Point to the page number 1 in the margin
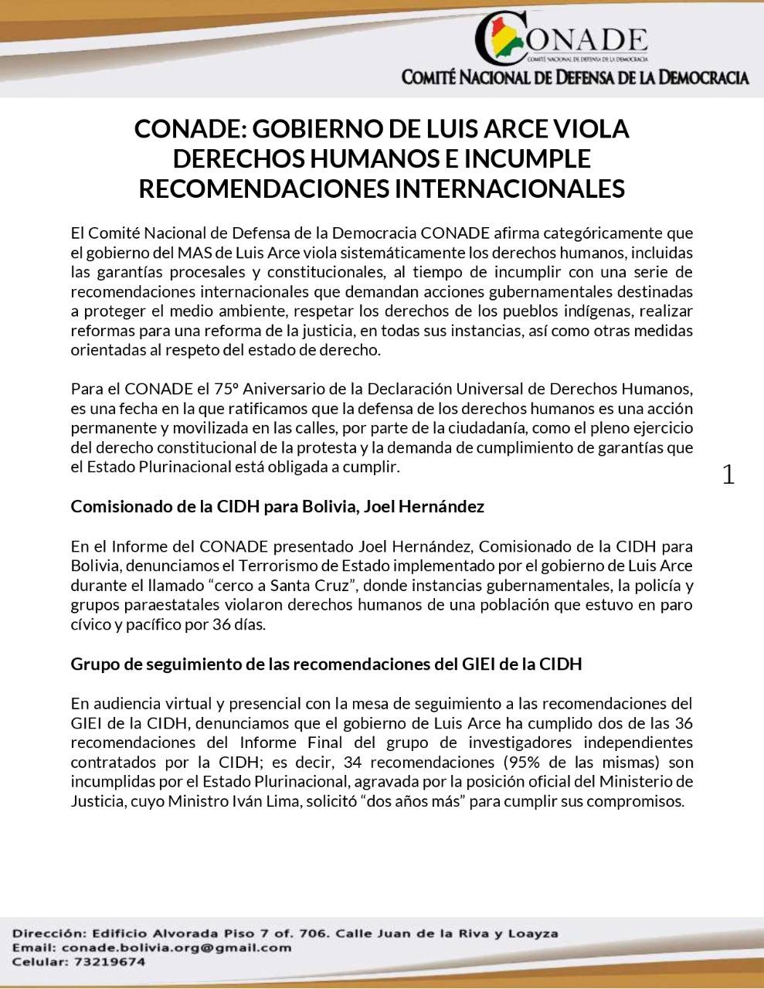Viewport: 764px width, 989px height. click(728, 474)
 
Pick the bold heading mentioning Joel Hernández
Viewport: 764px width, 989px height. click(277, 507)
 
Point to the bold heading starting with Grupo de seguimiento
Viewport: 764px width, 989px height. click(325, 664)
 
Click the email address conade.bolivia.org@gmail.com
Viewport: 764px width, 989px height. click(176, 947)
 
